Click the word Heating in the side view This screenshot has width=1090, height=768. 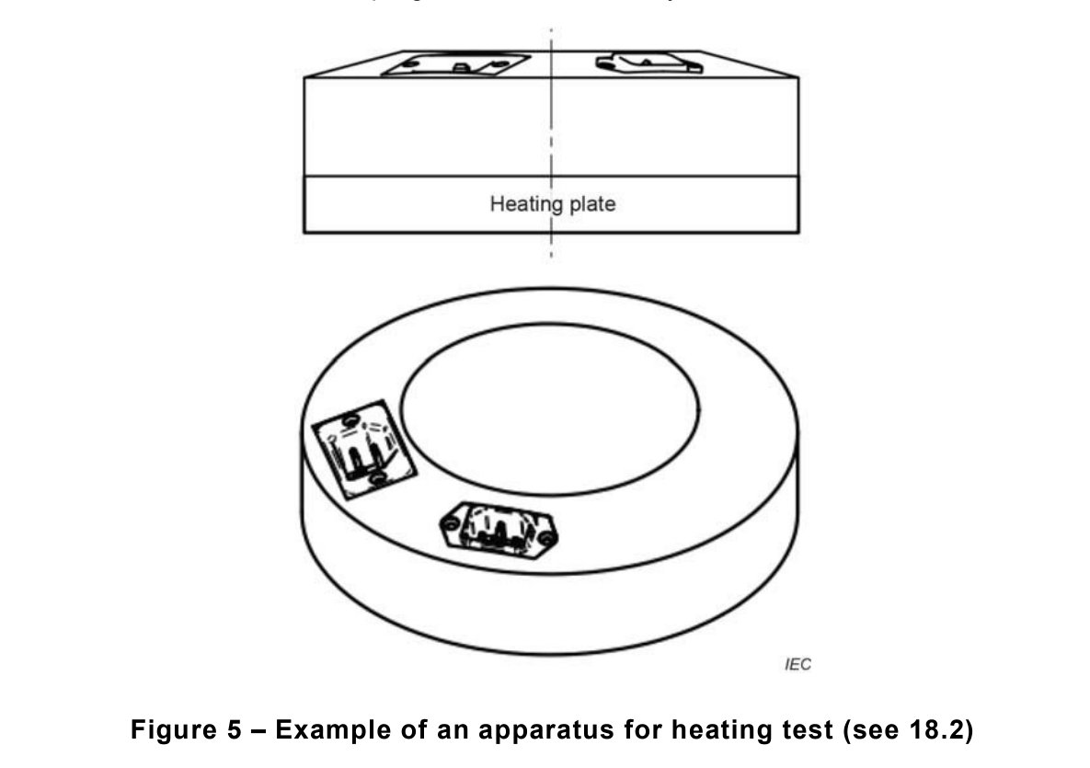click(x=520, y=204)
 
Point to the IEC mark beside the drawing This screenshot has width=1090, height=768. click(x=798, y=663)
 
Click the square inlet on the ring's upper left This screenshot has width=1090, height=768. click(x=363, y=450)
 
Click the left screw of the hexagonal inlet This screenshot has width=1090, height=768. click(x=450, y=522)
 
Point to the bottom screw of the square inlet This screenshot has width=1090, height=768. click(x=377, y=479)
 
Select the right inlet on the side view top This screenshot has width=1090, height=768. click(x=649, y=63)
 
